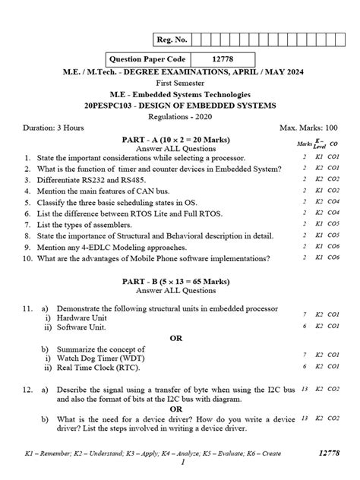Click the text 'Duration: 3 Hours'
[53, 128]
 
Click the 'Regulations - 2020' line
[180, 117]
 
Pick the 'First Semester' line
[180, 83]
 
